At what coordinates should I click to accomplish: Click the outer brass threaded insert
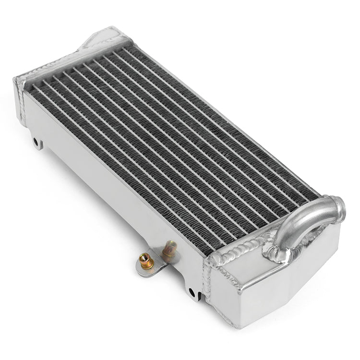(x=144, y=262)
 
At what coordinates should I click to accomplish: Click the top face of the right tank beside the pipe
(x=254, y=262)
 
